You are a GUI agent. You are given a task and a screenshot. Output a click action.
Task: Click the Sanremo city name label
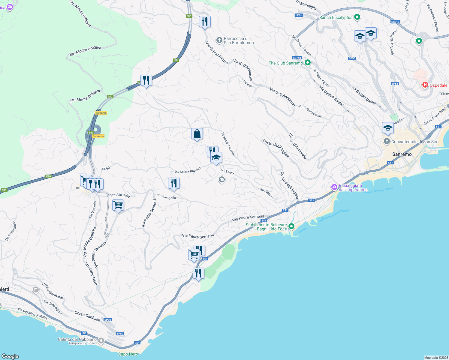[402, 154]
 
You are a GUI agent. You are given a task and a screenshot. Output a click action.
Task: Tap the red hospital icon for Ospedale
[425, 85]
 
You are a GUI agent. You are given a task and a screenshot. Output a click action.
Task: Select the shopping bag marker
[197, 134]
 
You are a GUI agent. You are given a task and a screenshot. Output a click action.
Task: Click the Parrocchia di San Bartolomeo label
[239, 40]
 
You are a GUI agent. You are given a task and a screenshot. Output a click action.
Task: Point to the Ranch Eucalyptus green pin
[357, 17]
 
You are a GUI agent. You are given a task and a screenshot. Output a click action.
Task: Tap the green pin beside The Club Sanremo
[307, 63]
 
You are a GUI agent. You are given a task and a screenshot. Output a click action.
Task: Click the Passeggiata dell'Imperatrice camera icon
[334, 187]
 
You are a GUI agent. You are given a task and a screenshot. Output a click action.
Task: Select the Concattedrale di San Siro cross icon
[387, 141]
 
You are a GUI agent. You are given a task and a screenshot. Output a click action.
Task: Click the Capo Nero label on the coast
[128, 354]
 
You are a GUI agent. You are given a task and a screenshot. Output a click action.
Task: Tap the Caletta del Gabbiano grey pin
[101, 340]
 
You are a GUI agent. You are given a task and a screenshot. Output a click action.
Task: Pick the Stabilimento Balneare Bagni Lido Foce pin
[291, 226]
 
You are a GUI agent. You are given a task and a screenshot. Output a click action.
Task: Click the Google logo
[10, 356]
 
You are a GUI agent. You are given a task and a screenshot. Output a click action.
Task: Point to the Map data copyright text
[436, 358]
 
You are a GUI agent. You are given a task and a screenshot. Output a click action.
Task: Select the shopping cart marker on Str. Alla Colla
[118, 205]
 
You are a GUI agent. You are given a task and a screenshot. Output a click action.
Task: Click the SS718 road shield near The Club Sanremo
[297, 58]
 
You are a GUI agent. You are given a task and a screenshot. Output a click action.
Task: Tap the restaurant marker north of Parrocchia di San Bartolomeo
[205, 22]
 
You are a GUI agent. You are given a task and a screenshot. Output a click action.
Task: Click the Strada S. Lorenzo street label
[228, 144]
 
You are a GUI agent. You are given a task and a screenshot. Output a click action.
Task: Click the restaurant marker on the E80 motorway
[146, 80]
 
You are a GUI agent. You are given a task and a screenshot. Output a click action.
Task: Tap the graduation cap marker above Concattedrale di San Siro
[388, 128]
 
